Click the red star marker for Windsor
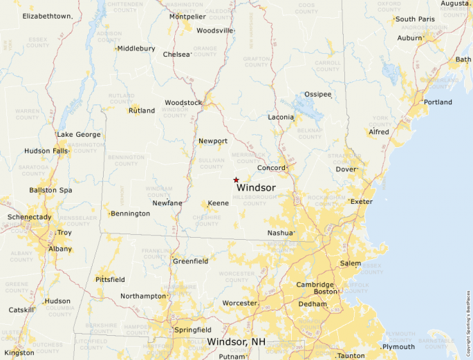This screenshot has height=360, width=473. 236,180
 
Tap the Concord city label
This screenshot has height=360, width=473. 270,168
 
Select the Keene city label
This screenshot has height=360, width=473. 218,203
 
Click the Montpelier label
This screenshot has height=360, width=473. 187,16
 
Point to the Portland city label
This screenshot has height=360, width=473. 438,102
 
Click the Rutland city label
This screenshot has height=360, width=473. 142,111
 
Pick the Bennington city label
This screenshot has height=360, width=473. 130,214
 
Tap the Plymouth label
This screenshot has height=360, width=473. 398,347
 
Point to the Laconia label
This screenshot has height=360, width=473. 281,117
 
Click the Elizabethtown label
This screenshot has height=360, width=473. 47,16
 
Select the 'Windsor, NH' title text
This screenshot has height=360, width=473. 237,342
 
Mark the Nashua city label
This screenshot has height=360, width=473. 280,233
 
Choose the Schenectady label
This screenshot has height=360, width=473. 29,217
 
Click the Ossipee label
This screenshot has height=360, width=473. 318,94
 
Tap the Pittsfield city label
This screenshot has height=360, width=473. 110,280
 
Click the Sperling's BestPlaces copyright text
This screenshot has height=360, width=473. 468,319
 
